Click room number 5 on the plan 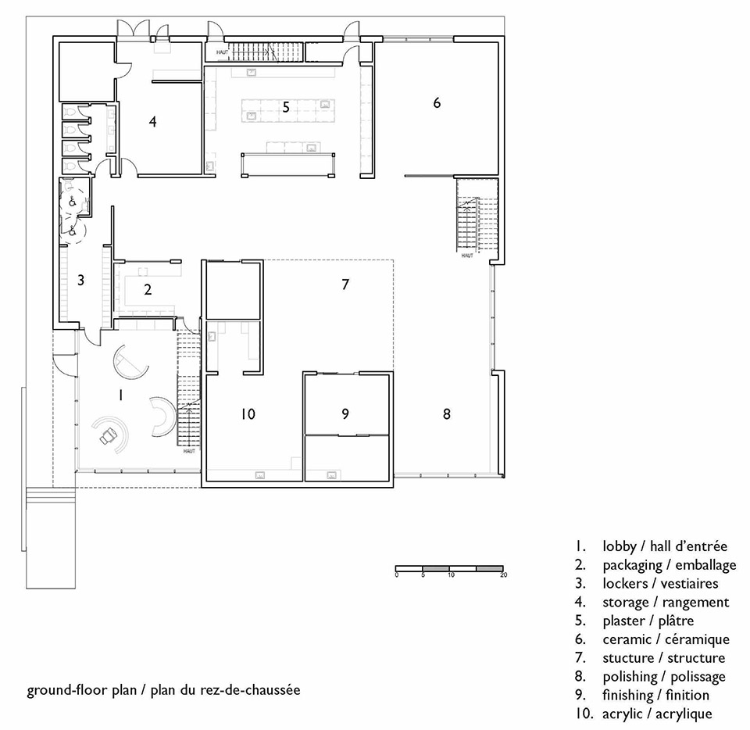tap(286, 107)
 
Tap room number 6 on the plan tap(437, 103)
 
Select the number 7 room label tap(345, 284)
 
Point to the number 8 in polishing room tap(447, 413)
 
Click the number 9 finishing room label tap(345, 413)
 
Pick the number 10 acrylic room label tap(248, 413)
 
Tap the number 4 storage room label tap(152, 121)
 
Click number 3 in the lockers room tap(80, 280)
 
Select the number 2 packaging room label tap(148, 289)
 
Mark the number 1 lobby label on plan tap(120, 395)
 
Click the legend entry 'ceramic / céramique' tap(666, 639)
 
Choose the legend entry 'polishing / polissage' tap(664, 677)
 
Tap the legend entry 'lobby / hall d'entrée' tap(665, 546)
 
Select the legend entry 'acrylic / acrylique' tap(657, 714)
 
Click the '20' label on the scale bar tap(503, 574)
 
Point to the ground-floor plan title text tap(163, 690)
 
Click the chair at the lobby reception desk tap(108, 435)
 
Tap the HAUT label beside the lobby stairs tap(189, 451)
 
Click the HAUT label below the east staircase tap(467, 256)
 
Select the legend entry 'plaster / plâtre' tap(648, 621)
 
